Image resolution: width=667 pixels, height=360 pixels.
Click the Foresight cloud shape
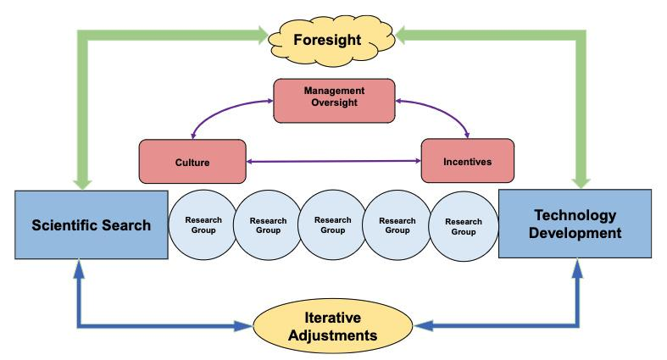pyautogui.click(x=331, y=40)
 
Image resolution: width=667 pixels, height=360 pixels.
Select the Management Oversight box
pyautogui.click(x=335, y=101)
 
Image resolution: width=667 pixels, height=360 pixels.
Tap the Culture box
pyautogui.click(x=192, y=162)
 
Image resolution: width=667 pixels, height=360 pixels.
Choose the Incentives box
pyautogui.click(x=468, y=161)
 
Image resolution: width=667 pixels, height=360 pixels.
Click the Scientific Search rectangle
pyautogui.click(x=92, y=224)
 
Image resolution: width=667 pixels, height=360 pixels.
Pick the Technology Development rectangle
pyautogui.click(x=575, y=224)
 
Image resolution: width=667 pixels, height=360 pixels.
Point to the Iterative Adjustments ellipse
pyautogui.click(x=332, y=326)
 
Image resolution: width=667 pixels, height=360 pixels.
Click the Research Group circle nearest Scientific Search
pyautogui.click(x=203, y=224)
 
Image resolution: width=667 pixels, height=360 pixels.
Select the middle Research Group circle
pyautogui.click(x=332, y=224)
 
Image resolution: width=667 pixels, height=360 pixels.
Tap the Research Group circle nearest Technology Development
pyautogui.click(x=464, y=226)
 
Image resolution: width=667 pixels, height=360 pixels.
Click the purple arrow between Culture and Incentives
pyautogui.click(x=334, y=161)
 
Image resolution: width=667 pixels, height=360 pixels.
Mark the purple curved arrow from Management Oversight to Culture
pyautogui.click(x=222, y=109)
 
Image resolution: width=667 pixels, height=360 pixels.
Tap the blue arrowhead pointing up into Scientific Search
pyautogui.click(x=79, y=269)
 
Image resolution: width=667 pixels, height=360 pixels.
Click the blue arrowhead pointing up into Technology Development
pyautogui.click(x=577, y=269)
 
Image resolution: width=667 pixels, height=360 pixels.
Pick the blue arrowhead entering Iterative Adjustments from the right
pyautogui.click(x=423, y=326)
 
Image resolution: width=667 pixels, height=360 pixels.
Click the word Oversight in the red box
pyautogui.click(x=335, y=102)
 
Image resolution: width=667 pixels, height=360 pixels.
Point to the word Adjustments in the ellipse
pyautogui.click(x=332, y=335)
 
